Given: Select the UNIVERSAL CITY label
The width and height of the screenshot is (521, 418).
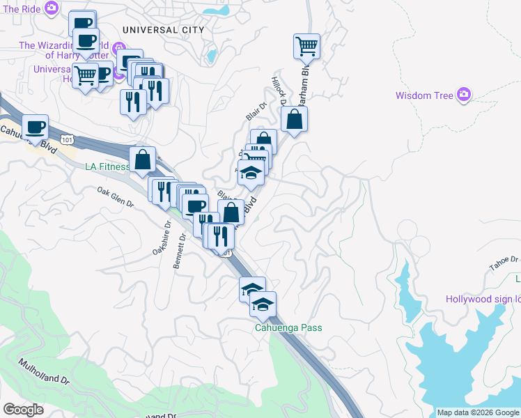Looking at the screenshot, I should point(163,30).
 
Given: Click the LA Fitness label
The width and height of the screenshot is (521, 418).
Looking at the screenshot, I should point(107,167).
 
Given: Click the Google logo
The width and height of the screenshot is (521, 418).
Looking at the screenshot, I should point(23,410).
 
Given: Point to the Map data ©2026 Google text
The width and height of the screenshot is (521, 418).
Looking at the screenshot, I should point(478,412).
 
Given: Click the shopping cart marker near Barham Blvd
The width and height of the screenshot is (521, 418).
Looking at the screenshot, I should point(306,47).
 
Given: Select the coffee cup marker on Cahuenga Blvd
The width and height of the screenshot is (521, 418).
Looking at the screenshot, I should point(35,127).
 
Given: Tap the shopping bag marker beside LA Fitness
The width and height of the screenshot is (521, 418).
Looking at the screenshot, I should point(142,160).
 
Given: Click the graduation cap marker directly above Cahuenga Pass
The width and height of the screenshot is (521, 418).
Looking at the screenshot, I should point(263,304).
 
